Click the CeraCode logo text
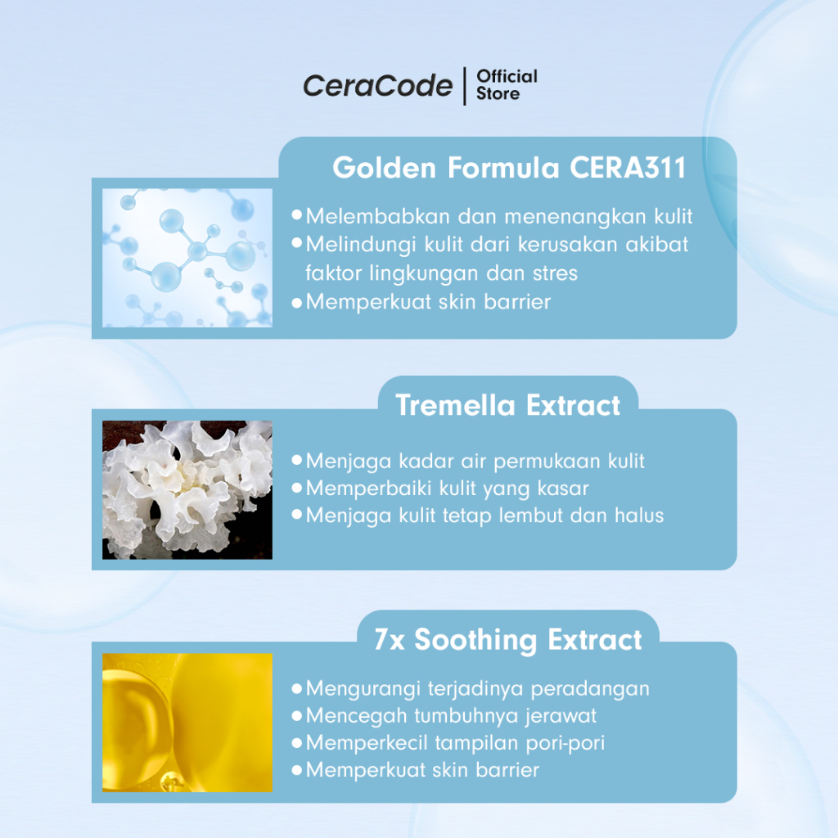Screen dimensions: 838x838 [377, 85]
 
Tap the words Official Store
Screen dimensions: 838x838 [507, 85]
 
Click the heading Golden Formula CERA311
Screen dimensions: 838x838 [509, 167]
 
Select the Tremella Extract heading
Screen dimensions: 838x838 [507, 405]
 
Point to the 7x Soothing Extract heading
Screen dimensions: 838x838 [507, 640]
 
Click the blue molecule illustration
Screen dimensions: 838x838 [187, 258]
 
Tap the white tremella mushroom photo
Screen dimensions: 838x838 [187, 490]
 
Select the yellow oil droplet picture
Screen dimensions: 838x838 [187, 723]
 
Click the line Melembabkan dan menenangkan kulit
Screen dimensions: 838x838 [499, 216]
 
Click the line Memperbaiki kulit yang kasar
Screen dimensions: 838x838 [448, 489]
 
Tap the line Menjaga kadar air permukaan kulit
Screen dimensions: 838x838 [475, 462]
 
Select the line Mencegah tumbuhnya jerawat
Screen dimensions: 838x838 [451, 715]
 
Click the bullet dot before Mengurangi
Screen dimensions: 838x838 [297, 688]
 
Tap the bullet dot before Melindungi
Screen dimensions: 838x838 [297, 243]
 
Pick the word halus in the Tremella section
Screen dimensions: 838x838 [639, 516]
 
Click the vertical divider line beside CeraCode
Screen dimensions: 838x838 [465, 86]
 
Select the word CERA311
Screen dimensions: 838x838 [628, 167]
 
